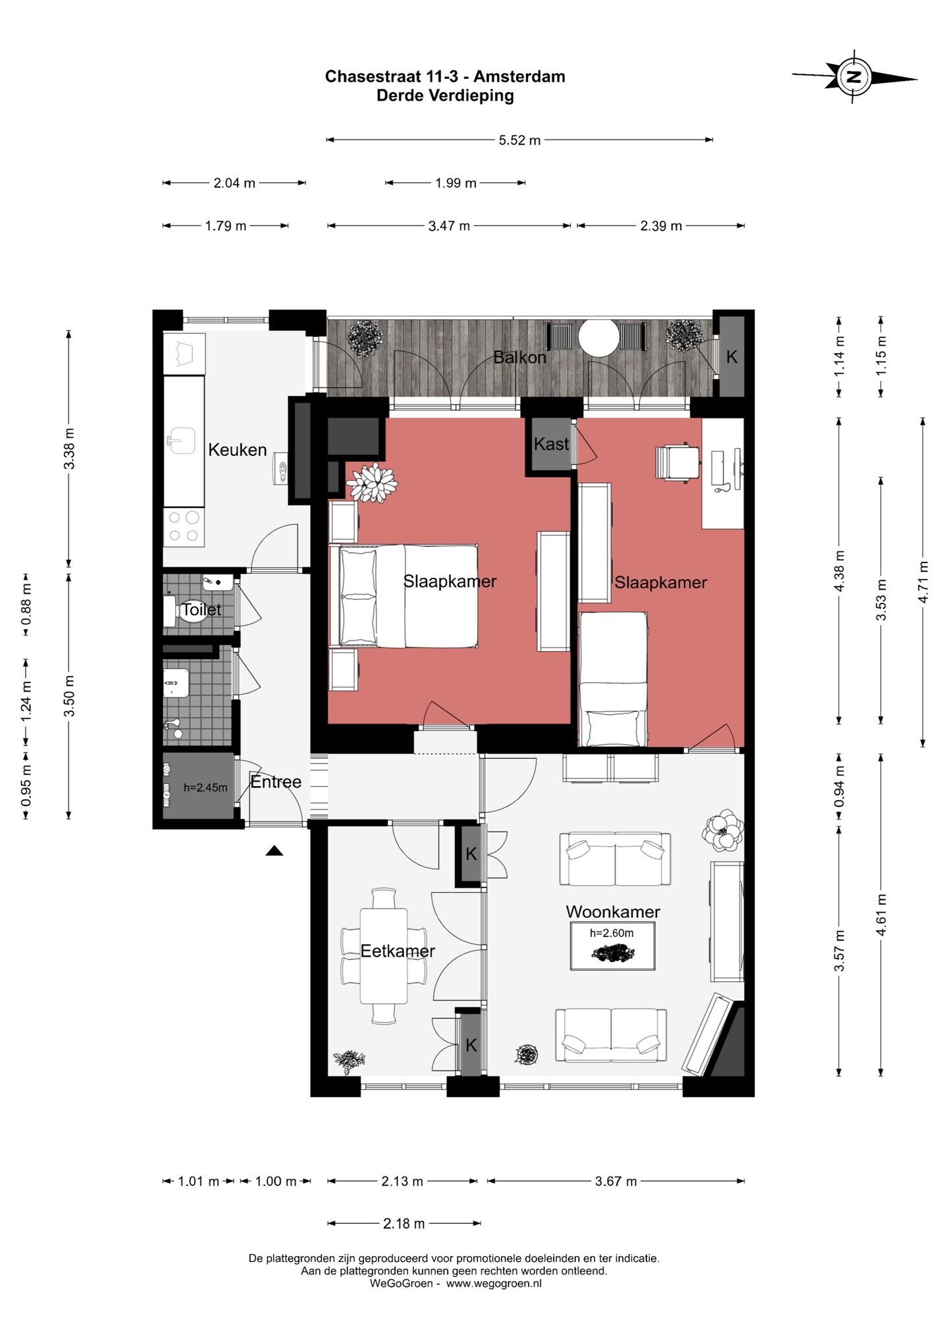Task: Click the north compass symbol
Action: pyautogui.click(x=854, y=76)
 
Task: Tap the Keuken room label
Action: pyautogui.click(x=237, y=450)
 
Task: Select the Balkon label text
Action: pyautogui.click(x=520, y=357)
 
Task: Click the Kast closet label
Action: pyautogui.click(x=551, y=444)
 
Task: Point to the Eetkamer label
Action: pyautogui.click(x=398, y=951)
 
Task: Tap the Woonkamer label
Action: pyautogui.click(x=613, y=911)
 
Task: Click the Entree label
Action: pyautogui.click(x=276, y=782)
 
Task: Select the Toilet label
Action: pyautogui.click(x=201, y=609)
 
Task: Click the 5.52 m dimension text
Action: pyautogui.click(x=519, y=140)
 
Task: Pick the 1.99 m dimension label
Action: pyautogui.click(x=456, y=183)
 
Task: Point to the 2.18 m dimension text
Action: pyautogui.click(x=404, y=1223)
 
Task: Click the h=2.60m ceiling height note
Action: pyautogui.click(x=612, y=932)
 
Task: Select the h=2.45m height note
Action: pyautogui.click(x=205, y=788)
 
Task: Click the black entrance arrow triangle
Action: pyautogui.click(x=275, y=851)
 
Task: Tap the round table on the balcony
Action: pyautogui.click(x=598, y=338)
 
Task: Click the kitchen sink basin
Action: pyautogui.click(x=180, y=441)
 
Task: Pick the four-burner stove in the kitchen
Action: pyautogui.click(x=184, y=526)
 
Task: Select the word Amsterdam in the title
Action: pyautogui.click(x=519, y=76)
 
